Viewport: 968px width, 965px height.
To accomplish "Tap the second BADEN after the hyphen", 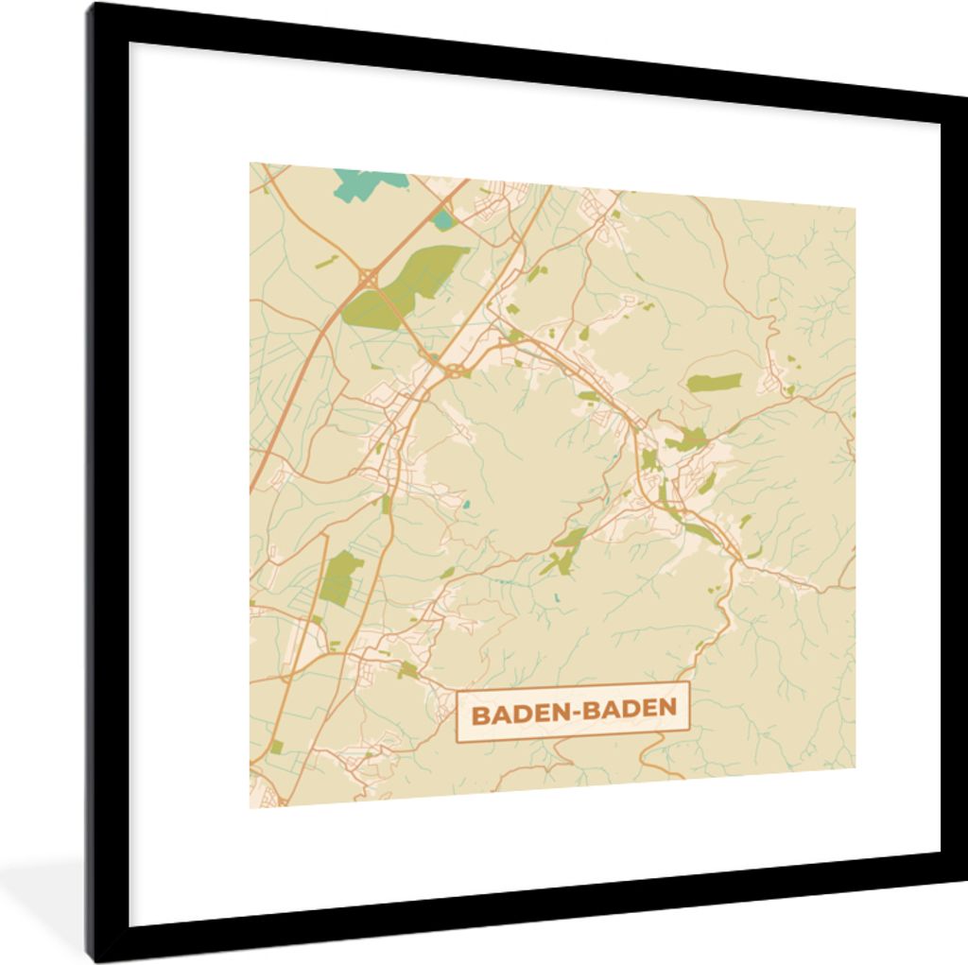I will click(629, 708).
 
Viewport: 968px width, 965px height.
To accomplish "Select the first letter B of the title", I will click(479, 713).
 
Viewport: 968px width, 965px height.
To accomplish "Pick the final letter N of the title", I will click(668, 707).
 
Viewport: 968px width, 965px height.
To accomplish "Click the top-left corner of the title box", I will click(458, 697).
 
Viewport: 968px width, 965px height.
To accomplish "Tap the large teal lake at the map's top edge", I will click(369, 181).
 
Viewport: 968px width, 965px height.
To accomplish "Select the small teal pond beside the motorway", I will click(441, 220).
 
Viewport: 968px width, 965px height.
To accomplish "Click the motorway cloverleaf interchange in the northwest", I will click(366, 278).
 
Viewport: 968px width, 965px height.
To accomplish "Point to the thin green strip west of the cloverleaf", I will click(326, 261).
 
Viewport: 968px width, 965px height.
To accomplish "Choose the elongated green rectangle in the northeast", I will click(714, 382).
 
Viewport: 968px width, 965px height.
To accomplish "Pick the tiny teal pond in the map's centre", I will click(465, 504).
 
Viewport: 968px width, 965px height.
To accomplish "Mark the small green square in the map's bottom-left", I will click(407, 670).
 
